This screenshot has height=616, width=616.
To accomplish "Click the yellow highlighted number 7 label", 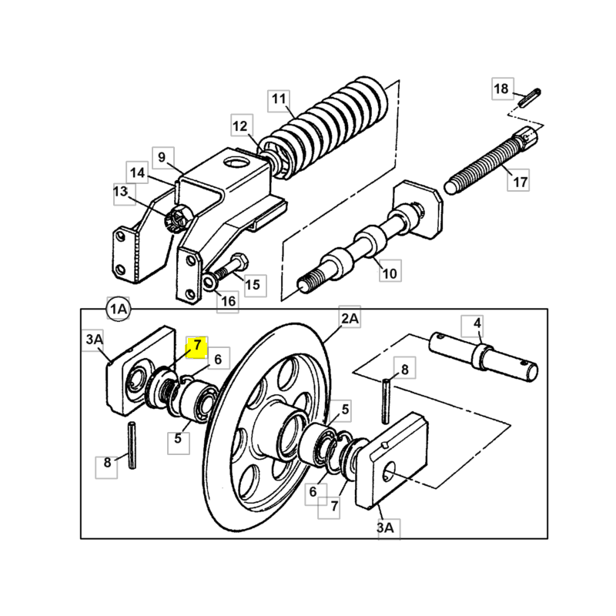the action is [197, 347].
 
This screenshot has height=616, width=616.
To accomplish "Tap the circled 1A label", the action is [119, 310].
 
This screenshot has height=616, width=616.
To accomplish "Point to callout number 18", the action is [503, 89].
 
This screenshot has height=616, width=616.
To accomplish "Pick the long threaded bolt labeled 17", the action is [491, 161].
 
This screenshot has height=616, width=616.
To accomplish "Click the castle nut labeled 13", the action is [178, 218].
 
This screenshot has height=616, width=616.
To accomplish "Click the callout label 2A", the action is [350, 317].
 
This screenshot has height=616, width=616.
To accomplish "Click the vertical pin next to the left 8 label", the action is [132, 445].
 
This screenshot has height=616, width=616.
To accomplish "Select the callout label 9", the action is [162, 158].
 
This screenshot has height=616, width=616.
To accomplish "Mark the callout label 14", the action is [137, 172].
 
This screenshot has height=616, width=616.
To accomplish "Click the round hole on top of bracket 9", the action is [236, 162].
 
